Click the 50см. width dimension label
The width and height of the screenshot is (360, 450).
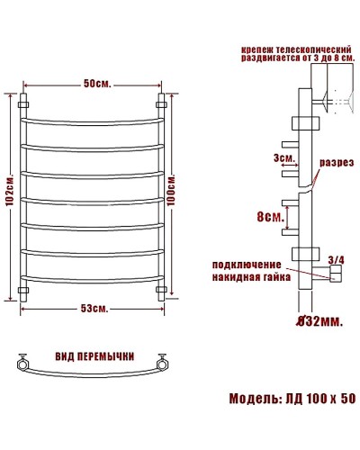[x=97, y=85]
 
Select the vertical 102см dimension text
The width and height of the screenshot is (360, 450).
[x=9, y=194]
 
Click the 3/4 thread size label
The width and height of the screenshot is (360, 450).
[x=337, y=259]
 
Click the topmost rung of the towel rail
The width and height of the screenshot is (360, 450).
[x=93, y=118]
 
